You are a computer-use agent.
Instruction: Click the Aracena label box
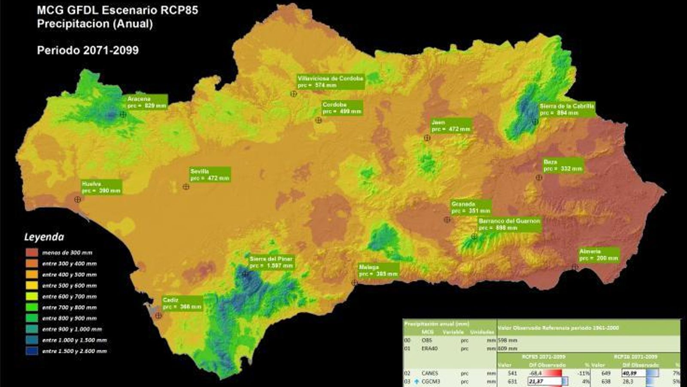tap(146, 102)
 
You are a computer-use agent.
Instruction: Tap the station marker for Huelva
tap(78, 200)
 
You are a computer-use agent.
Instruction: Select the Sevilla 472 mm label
tap(210, 175)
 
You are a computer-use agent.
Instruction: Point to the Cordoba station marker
tap(319, 120)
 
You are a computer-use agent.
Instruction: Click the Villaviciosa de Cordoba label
tap(331, 82)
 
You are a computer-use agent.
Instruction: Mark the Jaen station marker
tap(427, 138)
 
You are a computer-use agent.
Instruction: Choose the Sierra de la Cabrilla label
tap(567, 109)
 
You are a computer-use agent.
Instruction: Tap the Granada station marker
tap(447, 220)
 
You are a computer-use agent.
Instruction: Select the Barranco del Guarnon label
tap(509, 224)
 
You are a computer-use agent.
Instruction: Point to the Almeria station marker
tap(575, 267)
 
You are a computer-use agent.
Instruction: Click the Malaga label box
tap(378, 270)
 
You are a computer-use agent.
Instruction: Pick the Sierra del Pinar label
tap(271, 262)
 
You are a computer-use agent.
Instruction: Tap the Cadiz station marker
tap(158, 316)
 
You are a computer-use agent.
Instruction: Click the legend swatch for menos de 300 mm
tap(32, 252)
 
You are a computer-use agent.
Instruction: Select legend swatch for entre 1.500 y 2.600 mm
tap(32, 351)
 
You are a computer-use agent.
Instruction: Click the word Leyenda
tap(44, 237)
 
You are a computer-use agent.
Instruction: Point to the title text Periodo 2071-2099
tap(88, 50)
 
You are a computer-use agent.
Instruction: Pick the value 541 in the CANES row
tap(512, 373)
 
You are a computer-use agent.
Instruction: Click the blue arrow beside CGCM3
tap(416, 381)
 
